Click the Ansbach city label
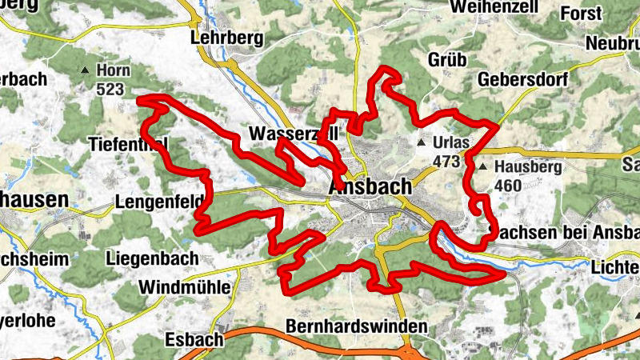pos(370,186)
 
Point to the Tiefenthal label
pos(129,144)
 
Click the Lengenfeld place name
pos(159,202)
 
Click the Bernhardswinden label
pos(357,326)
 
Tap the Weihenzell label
pos(493,7)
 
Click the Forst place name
pos(581,14)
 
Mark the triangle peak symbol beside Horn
pos(86,70)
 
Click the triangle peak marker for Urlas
pos(422,143)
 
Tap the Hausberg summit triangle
pos(483,167)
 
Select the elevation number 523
pos(111,89)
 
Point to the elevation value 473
pos(446,162)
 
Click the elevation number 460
pos(508,186)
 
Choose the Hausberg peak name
pos(529,167)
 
